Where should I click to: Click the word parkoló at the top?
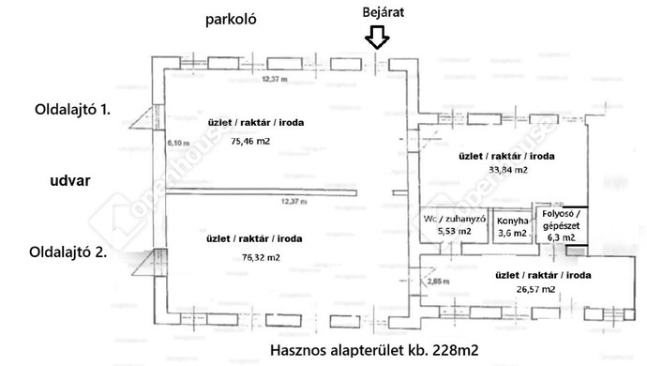[235, 19]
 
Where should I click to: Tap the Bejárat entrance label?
[378, 11]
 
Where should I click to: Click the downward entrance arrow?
[377, 38]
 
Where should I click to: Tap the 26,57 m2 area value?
[523, 290]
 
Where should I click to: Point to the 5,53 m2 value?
[455, 231]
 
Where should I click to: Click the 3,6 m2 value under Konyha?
[512, 233]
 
